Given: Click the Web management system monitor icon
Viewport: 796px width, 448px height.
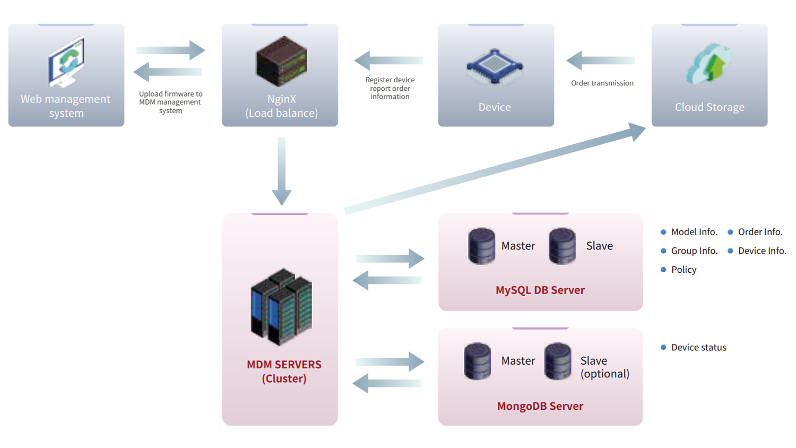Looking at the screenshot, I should pyautogui.click(x=66, y=62).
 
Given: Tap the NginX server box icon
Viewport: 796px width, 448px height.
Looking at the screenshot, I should pyautogui.click(x=281, y=61).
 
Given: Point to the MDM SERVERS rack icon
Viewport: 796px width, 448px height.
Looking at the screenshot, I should pyautogui.click(x=281, y=307).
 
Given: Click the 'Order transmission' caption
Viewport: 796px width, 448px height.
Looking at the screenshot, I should pyautogui.click(x=602, y=83).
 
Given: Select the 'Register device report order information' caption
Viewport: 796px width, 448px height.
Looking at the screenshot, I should pyautogui.click(x=390, y=88).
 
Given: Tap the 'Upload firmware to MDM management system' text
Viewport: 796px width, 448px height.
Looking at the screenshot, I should pyautogui.click(x=170, y=102).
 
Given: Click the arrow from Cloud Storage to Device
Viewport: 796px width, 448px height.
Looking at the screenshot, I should pyautogui.click(x=600, y=61).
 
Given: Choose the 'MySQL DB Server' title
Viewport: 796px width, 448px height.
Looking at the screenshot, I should pyautogui.click(x=540, y=290).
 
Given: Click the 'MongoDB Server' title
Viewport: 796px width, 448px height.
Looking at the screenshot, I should pyautogui.click(x=540, y=406).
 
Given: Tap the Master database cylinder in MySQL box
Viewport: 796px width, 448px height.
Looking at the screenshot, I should pyautogui.click(x=481, y=246).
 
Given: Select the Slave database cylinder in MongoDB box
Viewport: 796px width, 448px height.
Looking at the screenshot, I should pyautogui.click(x=558, y=361).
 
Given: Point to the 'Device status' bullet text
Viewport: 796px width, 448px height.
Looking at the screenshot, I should pyautogui.click(x=698, y=347).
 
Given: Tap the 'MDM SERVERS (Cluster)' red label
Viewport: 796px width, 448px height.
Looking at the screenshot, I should pyautogui.click(x=284, y=372).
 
